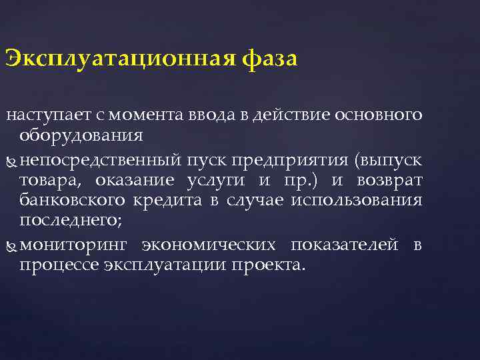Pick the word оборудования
click(x=81, y=135)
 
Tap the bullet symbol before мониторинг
click(x=11, y=247)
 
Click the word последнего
click(x=65, y=220)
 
